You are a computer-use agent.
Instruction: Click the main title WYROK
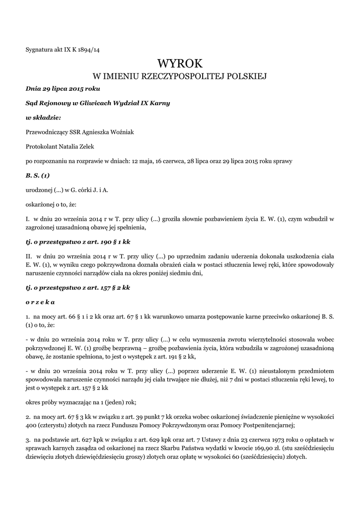click(180, 63)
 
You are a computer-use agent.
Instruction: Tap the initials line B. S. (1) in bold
click(38, 175)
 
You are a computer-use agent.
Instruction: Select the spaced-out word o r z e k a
click(40, 302)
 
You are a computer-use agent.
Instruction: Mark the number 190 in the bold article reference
click(100, 241)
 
